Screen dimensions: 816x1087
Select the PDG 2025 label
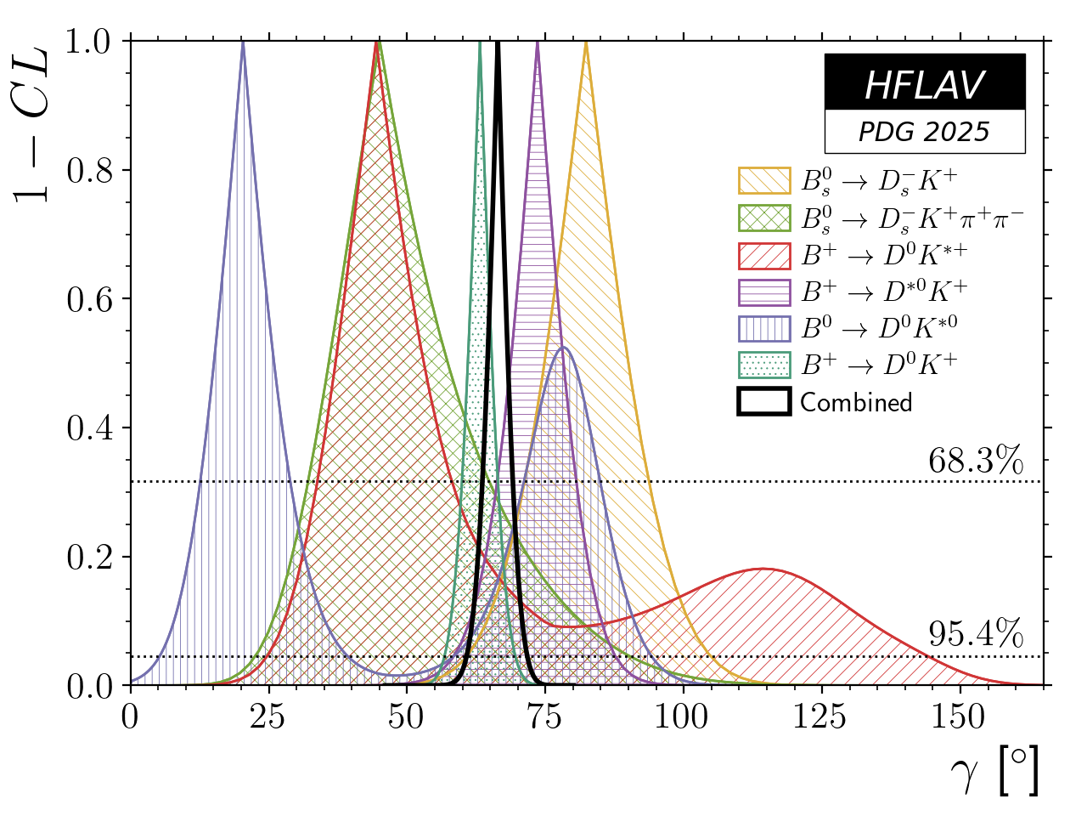click(924, 132)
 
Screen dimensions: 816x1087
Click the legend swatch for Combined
click(764, 401)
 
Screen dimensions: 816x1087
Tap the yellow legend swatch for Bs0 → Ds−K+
click(764, 180)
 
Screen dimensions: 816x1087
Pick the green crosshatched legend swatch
click(764, 218)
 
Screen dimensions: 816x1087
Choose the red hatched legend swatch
click(764, 255)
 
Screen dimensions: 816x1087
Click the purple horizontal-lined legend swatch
click(764, 292)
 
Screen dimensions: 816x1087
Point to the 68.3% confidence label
click(975, 462)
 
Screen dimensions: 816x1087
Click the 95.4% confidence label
click(975, 634)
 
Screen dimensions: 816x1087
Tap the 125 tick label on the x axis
click(820, 717)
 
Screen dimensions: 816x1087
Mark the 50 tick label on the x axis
click(406, 717)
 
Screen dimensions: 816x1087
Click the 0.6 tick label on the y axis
click(91, 299)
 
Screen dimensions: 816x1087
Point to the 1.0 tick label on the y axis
click(91, 42)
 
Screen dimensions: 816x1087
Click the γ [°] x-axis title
click(994, 774)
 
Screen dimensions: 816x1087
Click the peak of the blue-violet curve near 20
click(243, 42)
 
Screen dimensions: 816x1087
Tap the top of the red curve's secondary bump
click(763, 569)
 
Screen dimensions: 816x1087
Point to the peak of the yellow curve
click(586, 42)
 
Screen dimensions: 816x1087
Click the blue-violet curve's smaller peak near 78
click(562, 347)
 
